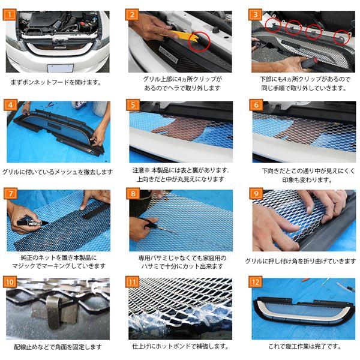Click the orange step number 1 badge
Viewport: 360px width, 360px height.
10,14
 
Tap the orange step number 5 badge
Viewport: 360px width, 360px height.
133,105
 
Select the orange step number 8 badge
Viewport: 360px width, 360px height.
133,193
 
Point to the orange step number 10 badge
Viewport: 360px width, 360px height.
10,282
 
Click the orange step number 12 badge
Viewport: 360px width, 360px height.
256,282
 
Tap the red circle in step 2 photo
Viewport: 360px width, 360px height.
199,42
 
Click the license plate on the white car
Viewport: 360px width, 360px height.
60,68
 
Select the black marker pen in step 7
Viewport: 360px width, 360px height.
32,223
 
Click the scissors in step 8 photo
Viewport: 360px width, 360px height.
156,226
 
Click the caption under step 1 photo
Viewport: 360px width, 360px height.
56,82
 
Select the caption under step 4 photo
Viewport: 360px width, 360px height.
58,172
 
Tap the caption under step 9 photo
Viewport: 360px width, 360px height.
301,261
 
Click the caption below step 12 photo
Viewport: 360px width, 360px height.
305,346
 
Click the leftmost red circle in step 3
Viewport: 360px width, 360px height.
273,25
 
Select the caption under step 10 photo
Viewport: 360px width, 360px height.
58,347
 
